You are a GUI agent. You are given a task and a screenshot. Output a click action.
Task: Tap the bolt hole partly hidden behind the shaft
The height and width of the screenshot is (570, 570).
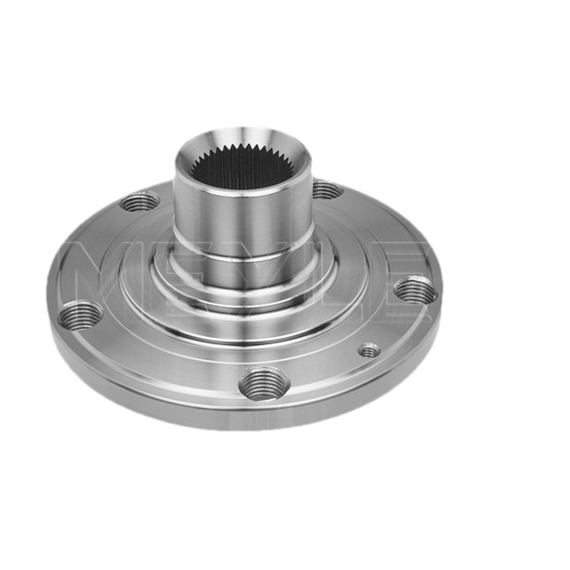327,190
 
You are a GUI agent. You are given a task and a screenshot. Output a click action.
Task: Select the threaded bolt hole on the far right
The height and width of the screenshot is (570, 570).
415,289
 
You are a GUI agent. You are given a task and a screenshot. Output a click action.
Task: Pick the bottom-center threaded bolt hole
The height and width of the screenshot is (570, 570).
264,384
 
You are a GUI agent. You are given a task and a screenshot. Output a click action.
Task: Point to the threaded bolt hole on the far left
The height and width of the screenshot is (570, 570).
81,315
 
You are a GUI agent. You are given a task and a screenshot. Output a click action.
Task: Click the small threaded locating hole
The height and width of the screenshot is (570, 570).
369,351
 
